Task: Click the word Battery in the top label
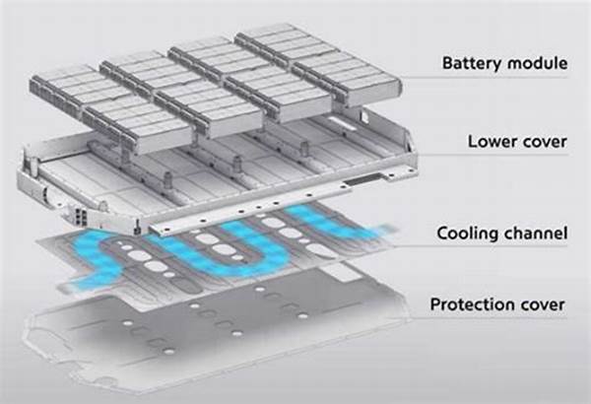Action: [x=472, y=64]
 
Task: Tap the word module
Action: [x=537, y=64]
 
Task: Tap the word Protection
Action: [x=472, y=304]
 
